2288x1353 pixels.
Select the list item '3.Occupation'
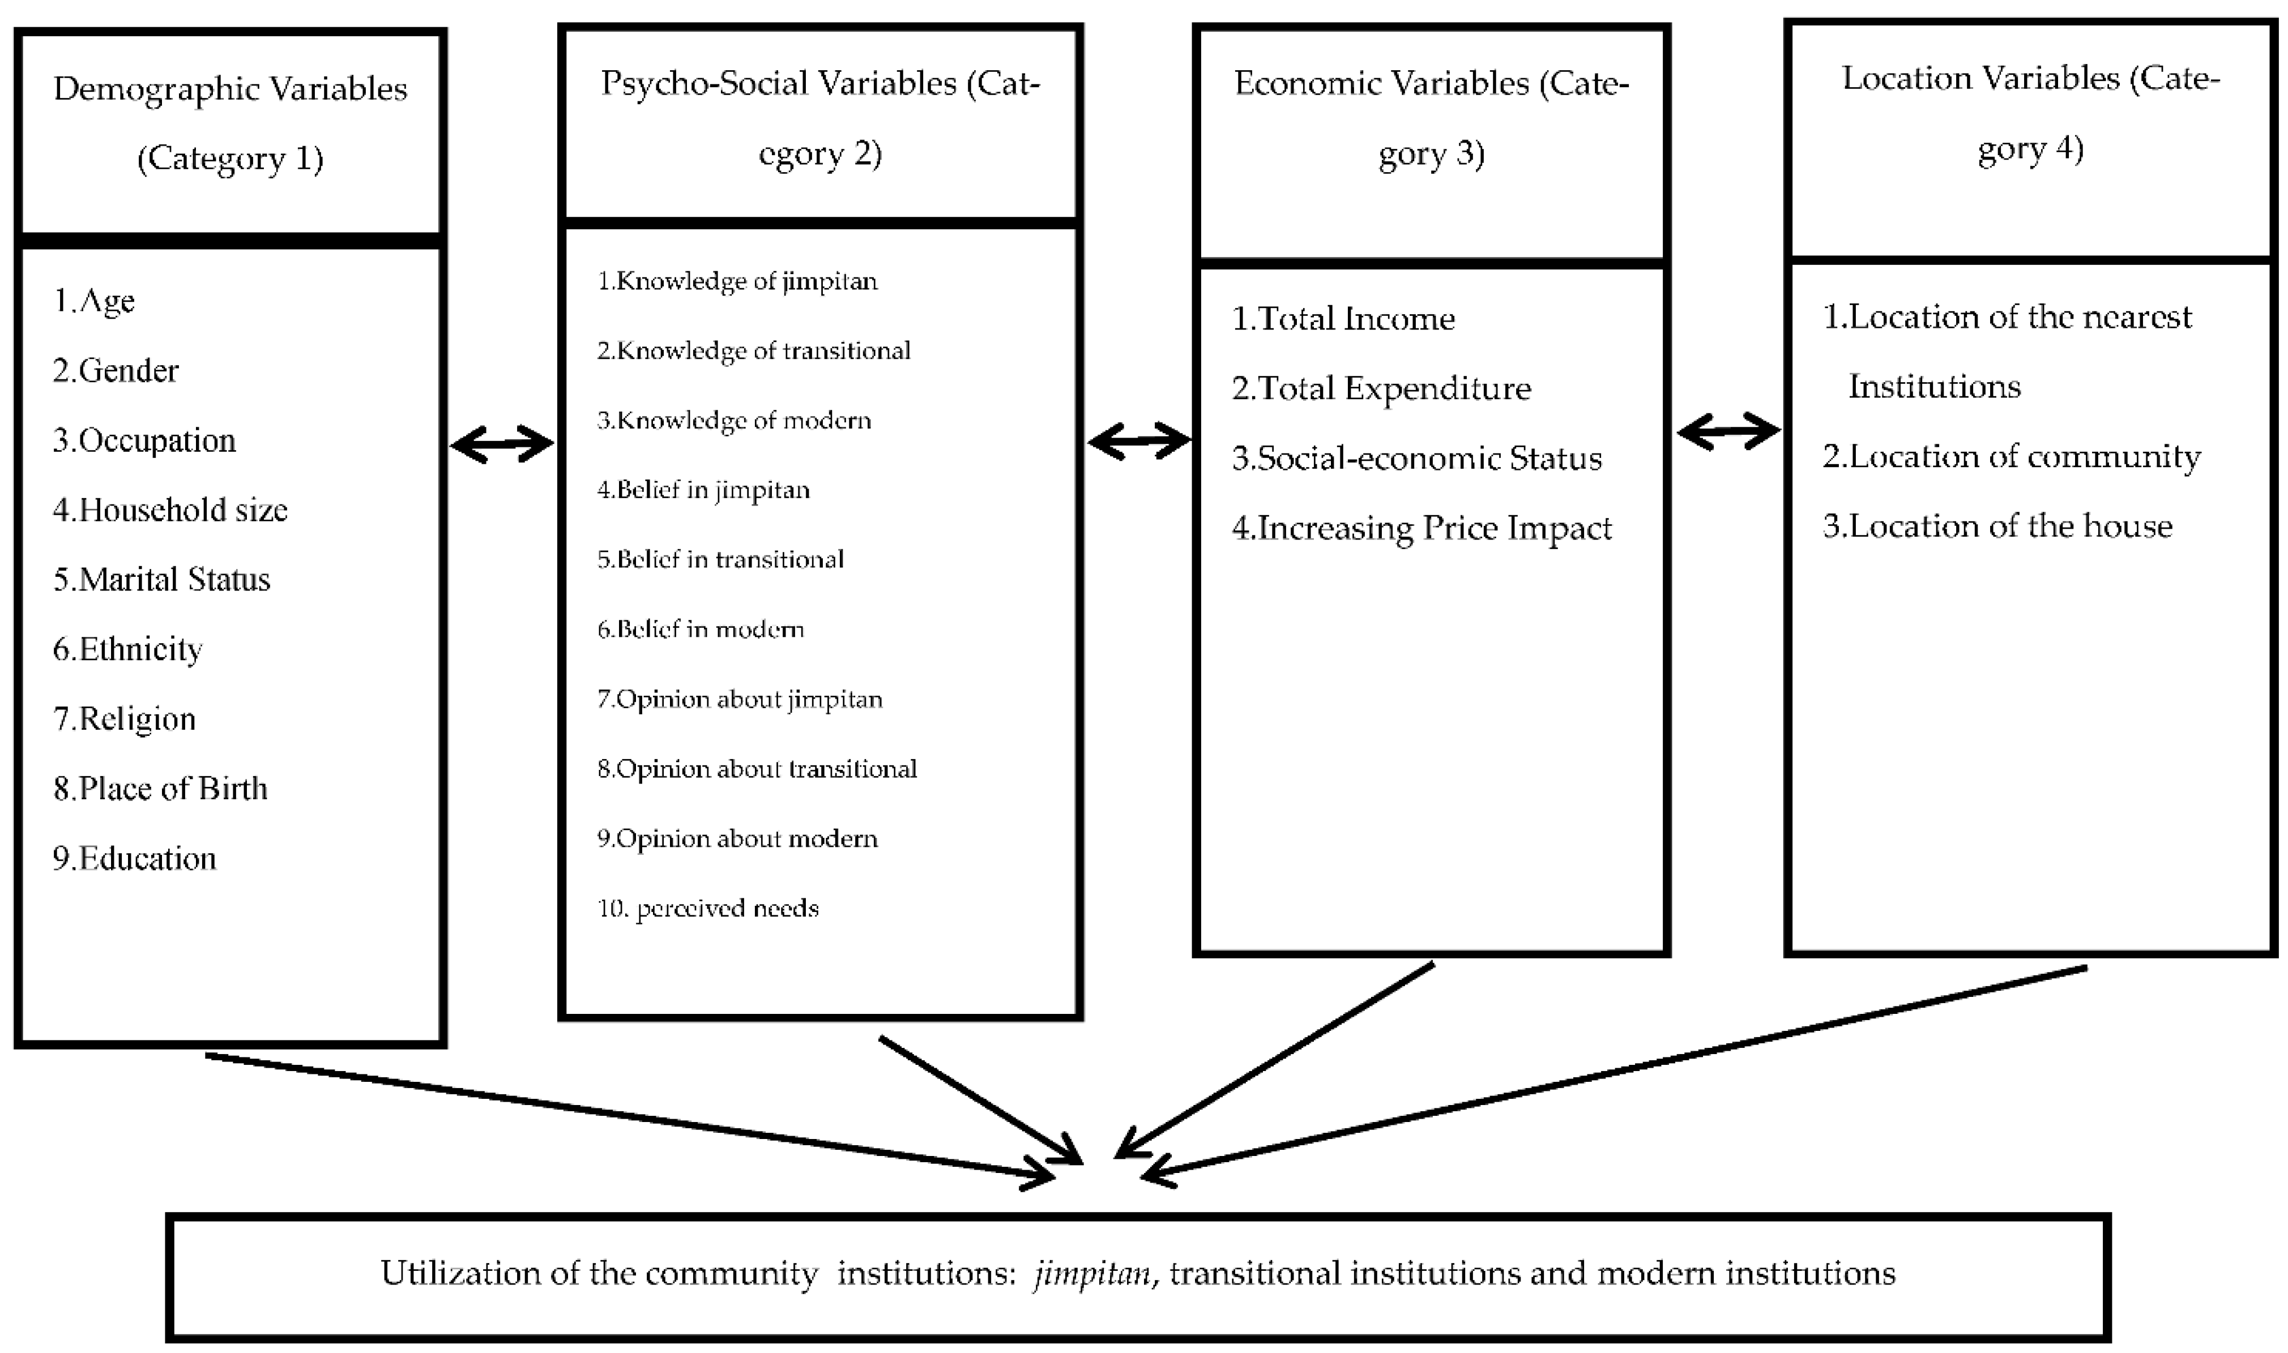coord(144,440)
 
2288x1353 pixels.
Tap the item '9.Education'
coord(134,858)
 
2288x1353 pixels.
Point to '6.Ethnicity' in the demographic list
coord(127,649)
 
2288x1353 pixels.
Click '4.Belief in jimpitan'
coord(703,490)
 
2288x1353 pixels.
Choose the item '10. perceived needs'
coord(708,908)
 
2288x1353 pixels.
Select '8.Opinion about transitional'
coord(757,769)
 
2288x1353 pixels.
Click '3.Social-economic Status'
coord(1416,457)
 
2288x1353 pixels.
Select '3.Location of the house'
coord(1997,526)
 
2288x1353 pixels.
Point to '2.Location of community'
coord(2010,456)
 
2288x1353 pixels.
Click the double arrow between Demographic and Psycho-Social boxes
coord(502,444)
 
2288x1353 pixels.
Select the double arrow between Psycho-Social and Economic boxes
coord(1139,441)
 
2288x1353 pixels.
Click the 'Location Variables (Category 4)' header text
coord(2030,113)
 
